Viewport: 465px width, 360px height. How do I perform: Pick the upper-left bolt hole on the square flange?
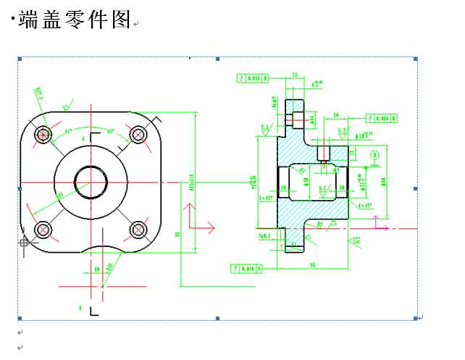43,134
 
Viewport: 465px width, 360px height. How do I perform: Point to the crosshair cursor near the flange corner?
24,242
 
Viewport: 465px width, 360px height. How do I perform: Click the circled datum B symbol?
374,154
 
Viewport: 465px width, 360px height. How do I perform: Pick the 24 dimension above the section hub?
335,115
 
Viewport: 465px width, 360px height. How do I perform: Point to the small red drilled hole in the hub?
323,153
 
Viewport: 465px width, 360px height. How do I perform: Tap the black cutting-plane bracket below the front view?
93,311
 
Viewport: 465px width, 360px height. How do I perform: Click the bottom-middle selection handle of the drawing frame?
217,318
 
